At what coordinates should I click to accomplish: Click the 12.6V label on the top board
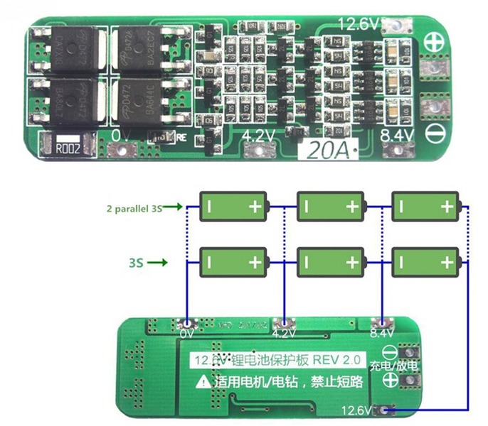[359, 24]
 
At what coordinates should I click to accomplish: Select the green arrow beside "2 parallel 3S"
[176, 207]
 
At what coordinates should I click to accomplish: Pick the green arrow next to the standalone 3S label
[160, 263]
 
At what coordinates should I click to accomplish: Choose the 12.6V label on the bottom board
[358, 410]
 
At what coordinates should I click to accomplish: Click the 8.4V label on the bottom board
[382, 332]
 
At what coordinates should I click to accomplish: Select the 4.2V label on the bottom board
[283, 332]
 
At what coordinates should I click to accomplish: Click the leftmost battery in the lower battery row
[233, 262]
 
